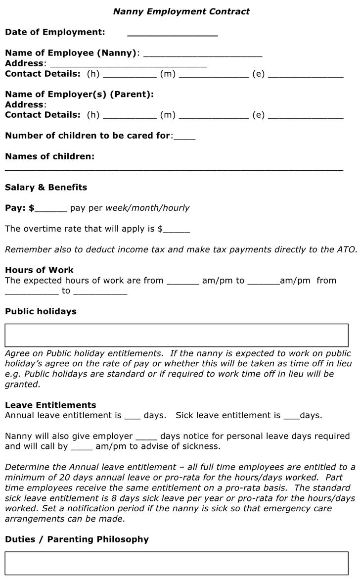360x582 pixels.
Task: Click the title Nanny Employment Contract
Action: (x=181, y=11)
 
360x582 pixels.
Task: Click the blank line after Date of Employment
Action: (x=172, y=34)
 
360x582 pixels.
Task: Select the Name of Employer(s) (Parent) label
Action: (x=79, y=94)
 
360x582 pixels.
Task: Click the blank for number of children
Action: (x=184, y=137)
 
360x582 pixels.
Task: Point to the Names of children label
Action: (x=49, y=156)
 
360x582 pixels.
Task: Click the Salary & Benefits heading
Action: (x=46, y=187)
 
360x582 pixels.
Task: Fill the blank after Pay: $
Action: (x=50, y=209)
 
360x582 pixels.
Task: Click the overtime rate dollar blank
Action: (x=176, y=231)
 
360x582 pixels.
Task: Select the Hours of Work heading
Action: (x=39, y=270)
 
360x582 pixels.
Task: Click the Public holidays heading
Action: (x=41, y=311)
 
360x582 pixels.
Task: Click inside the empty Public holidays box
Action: (x=177, y=335)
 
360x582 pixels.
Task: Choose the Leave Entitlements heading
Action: (x=50, y=405)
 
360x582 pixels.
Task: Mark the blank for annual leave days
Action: (x=133, y=417)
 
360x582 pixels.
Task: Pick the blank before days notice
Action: (x=146, y=438)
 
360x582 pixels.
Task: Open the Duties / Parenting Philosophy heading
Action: (x=77, y=539)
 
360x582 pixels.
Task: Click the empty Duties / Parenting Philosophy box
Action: (x=177, y=563)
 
